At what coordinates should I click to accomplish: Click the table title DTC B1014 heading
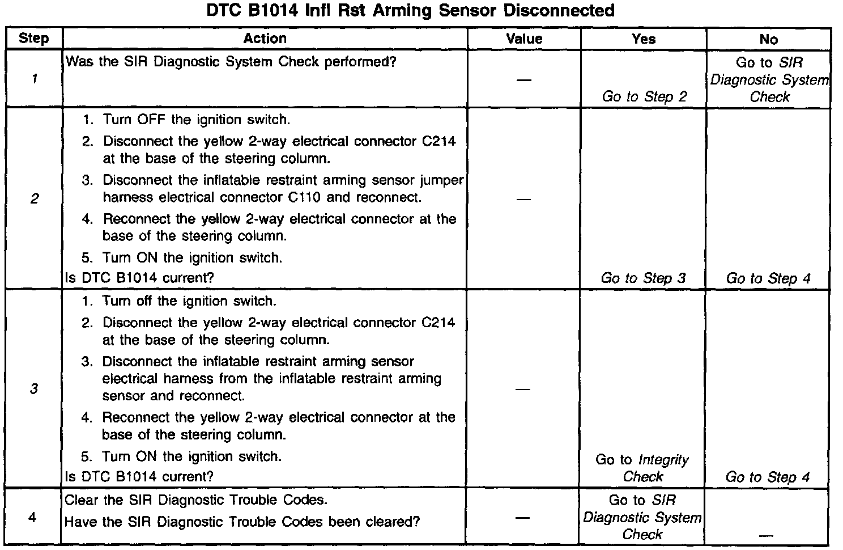pos(410,11)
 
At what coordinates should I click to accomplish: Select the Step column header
pos(33,39)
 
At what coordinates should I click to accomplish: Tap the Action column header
pos(265,39)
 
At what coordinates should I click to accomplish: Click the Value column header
pos(524,39)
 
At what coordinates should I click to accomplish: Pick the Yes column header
pos(643,39)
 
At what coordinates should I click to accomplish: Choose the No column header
pos(768,39)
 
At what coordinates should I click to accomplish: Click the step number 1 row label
pos(34,79)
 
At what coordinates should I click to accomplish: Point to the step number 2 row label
pos(34,198)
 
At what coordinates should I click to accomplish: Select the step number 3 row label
pos(34,389)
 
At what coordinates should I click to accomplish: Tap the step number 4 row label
pos(32,517)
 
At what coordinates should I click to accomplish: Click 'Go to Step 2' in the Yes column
pos(644,97)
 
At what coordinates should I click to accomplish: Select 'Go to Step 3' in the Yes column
pos(643,278)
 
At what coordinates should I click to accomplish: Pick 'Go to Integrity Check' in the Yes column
pos(642,468)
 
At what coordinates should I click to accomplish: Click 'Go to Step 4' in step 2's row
pos(768,278)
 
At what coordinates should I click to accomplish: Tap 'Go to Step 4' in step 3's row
pos(768,477)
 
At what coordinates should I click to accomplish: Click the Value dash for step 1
pos(524,80)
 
